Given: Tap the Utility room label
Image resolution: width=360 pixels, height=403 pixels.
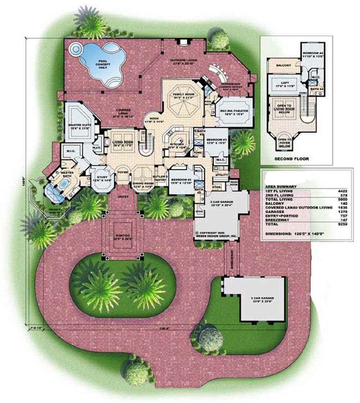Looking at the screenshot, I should click(x=221, y=175).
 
